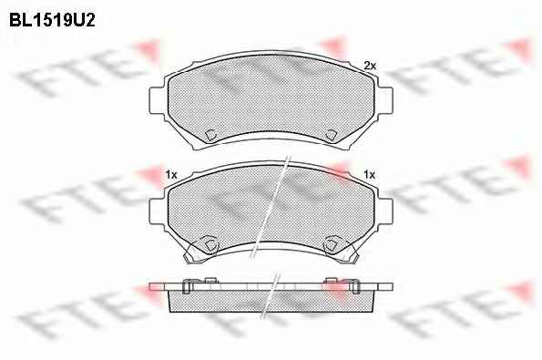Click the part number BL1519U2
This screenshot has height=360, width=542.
52,20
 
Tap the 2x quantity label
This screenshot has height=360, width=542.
370,66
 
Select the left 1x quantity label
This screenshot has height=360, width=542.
171,175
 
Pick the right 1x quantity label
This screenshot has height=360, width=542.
370,175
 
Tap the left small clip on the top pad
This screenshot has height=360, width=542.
210,135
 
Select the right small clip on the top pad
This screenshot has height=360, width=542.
332,135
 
